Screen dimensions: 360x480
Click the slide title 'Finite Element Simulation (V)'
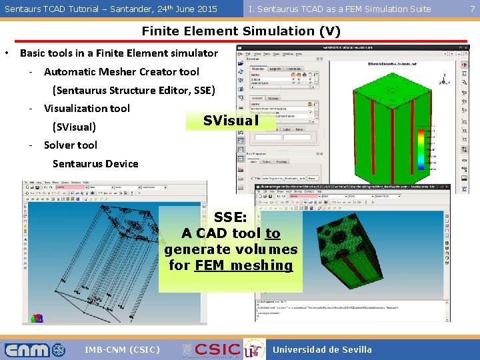pos(241,31)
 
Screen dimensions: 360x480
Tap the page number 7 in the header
pos(473,9)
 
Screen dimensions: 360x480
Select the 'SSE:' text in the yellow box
pos(231,218)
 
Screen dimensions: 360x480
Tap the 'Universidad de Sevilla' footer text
pos(323,349)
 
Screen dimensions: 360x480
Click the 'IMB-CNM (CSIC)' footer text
pos(122,349)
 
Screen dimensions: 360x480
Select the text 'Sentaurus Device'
pos(95,163)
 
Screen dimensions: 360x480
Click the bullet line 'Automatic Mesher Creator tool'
pos(121,71)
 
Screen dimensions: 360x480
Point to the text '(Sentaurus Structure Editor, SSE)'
pos(133,90)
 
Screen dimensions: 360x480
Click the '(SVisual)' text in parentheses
pos(74,127)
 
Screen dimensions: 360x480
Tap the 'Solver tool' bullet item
pos(70,145)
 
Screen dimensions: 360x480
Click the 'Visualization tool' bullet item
pos(87,108)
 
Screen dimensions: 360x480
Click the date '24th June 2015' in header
pos(181,9)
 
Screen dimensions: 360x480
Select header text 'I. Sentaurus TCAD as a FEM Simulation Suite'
pos(339,9)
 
